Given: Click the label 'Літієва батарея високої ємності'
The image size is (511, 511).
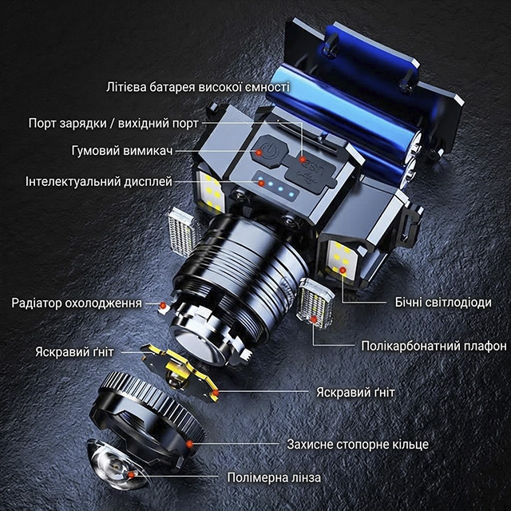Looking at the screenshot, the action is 198,87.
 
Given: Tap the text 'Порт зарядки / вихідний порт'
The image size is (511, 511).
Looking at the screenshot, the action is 113,124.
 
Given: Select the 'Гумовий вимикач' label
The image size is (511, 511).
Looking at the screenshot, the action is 122,151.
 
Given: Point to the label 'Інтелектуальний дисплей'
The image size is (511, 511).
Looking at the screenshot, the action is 99,181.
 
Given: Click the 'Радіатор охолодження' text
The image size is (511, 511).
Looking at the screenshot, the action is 77,303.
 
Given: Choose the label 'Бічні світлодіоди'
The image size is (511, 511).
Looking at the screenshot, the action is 443,302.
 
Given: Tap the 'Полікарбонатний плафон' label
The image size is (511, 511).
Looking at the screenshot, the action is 434,346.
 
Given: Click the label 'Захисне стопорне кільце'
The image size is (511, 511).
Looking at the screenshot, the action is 358,444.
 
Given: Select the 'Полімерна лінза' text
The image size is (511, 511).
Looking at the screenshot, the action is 274,477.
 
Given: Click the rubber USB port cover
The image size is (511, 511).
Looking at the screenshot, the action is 310,171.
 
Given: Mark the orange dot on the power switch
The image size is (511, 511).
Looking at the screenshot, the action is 259,153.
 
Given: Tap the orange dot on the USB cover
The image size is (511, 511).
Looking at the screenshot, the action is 303,160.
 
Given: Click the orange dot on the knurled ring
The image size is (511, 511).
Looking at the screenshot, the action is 189,444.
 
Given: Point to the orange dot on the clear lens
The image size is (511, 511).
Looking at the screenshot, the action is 131,475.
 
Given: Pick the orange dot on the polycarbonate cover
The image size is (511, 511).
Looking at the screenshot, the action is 314,319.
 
